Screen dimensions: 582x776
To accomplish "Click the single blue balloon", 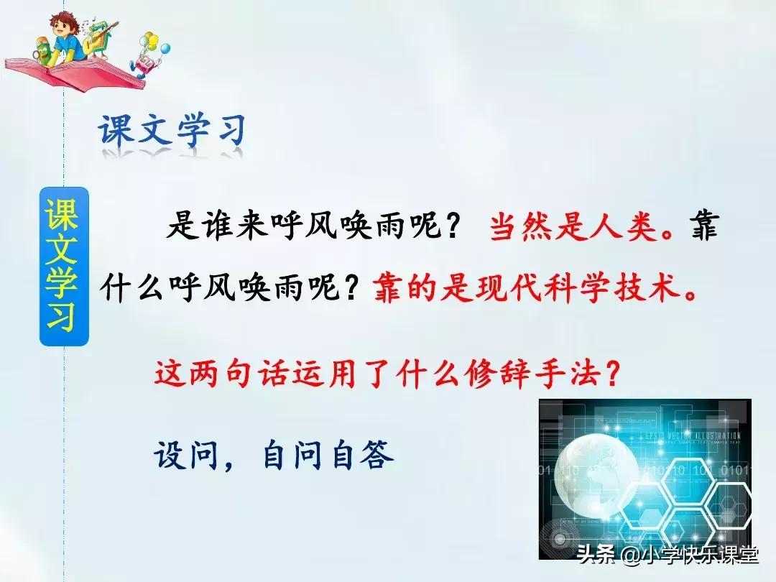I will tap(165, 50).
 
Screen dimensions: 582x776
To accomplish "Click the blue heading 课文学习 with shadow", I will tap(172, 131).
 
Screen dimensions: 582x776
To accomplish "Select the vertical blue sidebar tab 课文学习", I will tap(63, 266).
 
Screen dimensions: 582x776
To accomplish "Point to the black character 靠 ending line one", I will tap(701, 228).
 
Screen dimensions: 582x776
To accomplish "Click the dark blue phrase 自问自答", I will tap(328, 454).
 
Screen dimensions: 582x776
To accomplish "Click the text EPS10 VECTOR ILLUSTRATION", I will tap(688, 436).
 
